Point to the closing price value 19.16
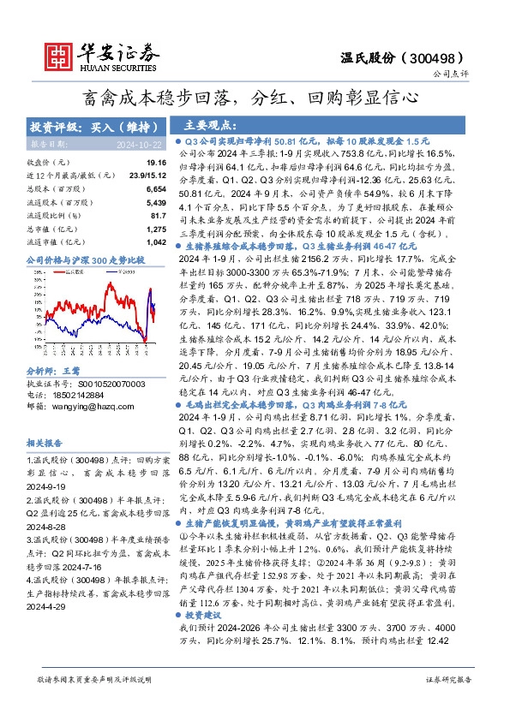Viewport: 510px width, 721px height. coord(155,162)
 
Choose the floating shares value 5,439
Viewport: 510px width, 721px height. coord(155,202)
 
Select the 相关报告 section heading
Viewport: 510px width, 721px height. coord(43,444)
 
